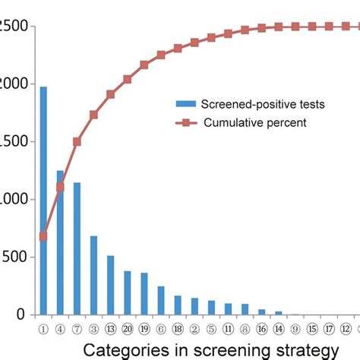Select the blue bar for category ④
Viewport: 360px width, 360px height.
[60, 242]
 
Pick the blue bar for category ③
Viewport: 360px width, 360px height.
[93, 275]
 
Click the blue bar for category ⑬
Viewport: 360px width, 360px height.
[110, 285]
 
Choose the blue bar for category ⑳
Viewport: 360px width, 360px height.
[127, 292]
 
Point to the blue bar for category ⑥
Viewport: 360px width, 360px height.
[161, 300]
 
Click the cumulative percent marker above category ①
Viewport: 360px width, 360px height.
[43, 236]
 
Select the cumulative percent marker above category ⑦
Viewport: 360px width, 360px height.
[77, 141]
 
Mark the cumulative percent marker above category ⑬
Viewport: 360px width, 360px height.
[110, 94]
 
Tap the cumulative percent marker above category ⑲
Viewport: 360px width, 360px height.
[144, 65]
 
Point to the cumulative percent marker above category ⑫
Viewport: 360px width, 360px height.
[346, 27]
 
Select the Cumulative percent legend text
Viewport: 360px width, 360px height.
[255, 122]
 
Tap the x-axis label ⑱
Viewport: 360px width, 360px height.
[178, 329]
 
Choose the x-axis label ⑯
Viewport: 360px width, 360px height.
[261, 329]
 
